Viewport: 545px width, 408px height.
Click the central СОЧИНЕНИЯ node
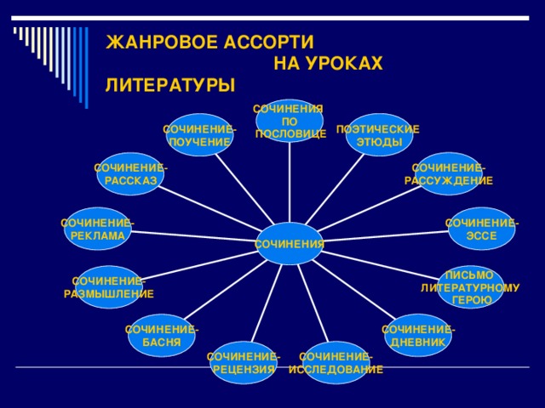tap(290, 244)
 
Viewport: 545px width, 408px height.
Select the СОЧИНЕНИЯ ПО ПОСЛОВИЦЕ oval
tap(290, 121)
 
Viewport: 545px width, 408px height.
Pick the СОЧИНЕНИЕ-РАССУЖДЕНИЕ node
tap(449, 173)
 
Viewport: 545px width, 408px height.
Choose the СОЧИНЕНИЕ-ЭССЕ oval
tap(482, 229)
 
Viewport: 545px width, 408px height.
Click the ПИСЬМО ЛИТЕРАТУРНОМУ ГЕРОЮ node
tap(470, 287)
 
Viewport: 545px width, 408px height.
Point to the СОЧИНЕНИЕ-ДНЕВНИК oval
tap(417, 335)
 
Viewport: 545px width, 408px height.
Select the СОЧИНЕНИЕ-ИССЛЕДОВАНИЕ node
tap(336, 362)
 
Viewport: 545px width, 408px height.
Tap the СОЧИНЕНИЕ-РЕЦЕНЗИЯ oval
tap(244, 362)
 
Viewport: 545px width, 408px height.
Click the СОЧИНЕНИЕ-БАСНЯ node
tap(161, 335)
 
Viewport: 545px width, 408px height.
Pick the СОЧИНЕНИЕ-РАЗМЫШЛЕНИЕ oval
tap(108, 287)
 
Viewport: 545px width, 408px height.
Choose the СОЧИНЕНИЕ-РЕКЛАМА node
tap(97, 229)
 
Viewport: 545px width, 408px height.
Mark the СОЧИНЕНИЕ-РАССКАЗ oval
tap(130, 173)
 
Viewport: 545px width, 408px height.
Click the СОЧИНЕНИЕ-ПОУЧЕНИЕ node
tap(199, 134)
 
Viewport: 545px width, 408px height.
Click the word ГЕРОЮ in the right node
tap(471, 300)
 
